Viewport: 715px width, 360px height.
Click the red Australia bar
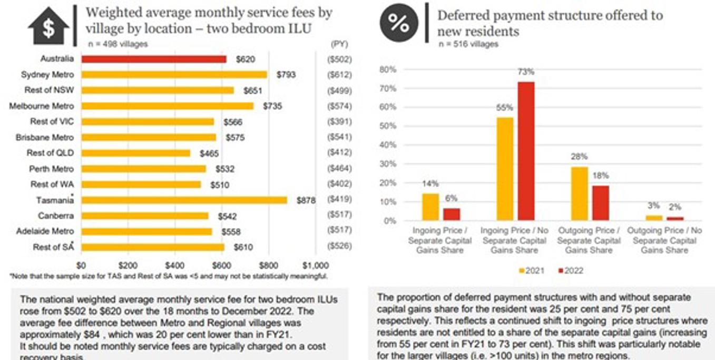(154, 59)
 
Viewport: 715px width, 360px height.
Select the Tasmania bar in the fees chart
(184, 200)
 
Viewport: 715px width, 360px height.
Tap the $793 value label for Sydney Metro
(286, 75)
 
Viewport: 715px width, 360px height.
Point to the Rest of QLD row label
(51, 153)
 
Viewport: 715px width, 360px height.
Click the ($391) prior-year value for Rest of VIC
(340, 122)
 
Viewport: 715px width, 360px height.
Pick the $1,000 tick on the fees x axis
(316, 265)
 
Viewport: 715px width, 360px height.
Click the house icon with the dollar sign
(48, 26)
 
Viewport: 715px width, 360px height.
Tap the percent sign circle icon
(398, 22)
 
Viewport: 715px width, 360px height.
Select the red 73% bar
(526, 151)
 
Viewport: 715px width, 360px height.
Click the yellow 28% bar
(580, 193)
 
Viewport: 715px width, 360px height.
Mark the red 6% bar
(451, 215)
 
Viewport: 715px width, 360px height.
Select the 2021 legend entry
(532, 270)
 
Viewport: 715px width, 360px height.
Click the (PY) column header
(339, 44)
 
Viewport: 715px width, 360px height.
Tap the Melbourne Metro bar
(168, 106)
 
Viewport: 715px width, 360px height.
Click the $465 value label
(210, 153)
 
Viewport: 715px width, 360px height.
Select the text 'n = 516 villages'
(468, 44)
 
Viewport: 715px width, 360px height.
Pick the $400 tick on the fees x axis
(174, 265)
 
